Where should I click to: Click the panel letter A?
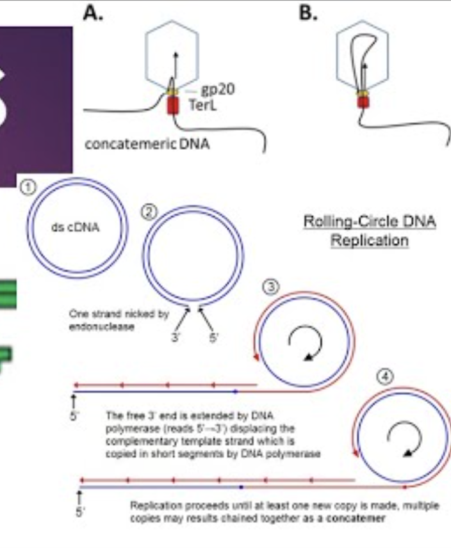click(x=94, y=13)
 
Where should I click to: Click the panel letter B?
click(x=309, y=13)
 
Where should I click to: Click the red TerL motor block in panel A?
click(x=172, y=106)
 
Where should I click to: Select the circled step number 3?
click(x=272, y=287)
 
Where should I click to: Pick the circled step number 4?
click(x=384, y=377)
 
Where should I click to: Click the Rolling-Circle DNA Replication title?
click(x=369, y=231)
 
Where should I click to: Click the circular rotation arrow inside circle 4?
click(x=404, y=439)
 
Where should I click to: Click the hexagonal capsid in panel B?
click(x=363, y=54)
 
